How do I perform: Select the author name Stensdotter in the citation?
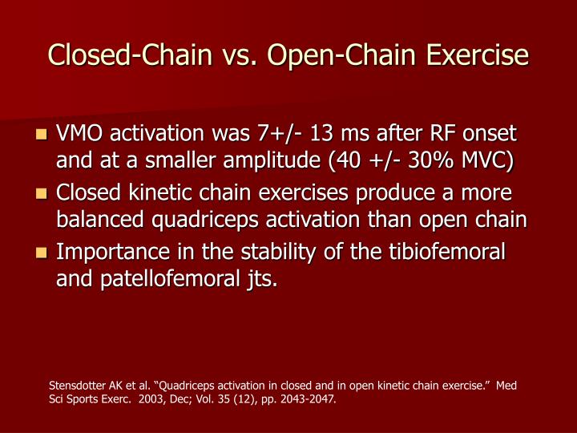77,386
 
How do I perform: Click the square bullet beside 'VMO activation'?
42,134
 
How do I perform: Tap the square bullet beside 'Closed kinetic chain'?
42,195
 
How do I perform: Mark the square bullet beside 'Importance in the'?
42,253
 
